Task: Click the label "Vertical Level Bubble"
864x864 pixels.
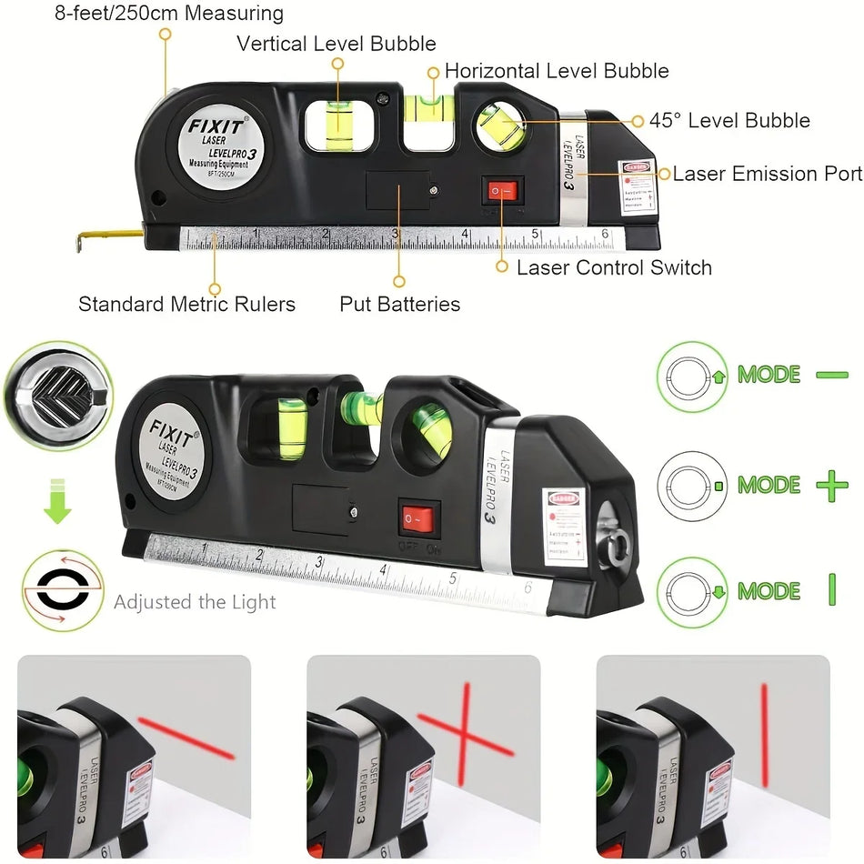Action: [x=337, y=44]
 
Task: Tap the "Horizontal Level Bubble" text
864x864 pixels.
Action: [x=557, y=71]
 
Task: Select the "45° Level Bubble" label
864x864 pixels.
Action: [x=728, y=121]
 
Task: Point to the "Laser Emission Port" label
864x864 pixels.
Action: [x=767, y=174]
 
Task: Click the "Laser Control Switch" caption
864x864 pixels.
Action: [x=614, y=267]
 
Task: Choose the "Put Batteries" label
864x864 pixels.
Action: [x=399, y=304]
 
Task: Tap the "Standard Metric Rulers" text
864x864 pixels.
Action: [x=186, y=304]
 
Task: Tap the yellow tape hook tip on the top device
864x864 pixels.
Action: [x=84, y=238]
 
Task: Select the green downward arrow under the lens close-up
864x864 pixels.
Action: [x=57, y=506]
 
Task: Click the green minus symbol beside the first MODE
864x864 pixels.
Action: [x=831, y=375]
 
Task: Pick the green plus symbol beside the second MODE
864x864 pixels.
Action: [x=831, y=486]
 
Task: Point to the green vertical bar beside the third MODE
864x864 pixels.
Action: [x=831, y=591]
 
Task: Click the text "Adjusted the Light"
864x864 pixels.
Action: [x=195, y=602]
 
